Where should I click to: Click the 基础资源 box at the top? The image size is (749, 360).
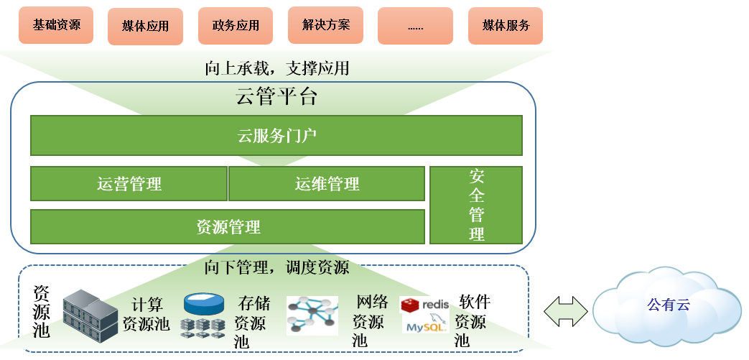(56, 25)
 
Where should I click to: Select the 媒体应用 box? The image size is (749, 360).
(145, 27)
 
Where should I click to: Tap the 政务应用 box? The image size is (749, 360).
(236, 26)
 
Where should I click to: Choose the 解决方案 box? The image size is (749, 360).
(326, 25)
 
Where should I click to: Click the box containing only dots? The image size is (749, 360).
(415, 27)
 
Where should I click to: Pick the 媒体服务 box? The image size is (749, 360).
(506, 26)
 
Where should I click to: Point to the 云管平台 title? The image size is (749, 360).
(276, 96)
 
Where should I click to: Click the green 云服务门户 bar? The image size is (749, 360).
(276, 135)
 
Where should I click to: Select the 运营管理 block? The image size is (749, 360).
(129, 183)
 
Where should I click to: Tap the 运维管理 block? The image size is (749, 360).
(327, 183)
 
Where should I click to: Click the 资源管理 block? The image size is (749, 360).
(228, 226)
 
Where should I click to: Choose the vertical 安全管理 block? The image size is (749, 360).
(476, 205)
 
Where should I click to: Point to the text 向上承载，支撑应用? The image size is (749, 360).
(277, 68)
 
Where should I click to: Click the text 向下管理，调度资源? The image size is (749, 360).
(276, 267)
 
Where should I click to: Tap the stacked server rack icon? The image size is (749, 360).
(90, 315)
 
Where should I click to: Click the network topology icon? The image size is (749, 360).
(312, 315)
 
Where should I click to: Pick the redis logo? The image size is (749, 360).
(424, 304)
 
